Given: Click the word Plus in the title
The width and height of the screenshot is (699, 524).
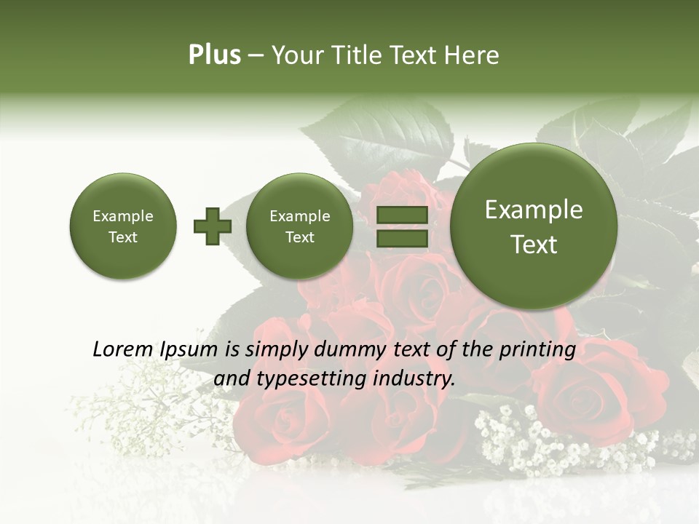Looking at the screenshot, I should (x=214, y=55).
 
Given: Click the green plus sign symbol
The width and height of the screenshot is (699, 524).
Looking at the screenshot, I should (x=212, y=226).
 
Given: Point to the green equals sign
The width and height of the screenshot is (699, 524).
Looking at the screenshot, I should (x=401, y=226).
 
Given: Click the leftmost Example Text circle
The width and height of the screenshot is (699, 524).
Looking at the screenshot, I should (x=122, y=226).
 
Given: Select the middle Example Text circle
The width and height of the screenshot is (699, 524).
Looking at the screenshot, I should (x=299, y=226).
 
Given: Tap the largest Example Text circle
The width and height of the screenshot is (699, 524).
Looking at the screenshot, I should (x=534, y=226).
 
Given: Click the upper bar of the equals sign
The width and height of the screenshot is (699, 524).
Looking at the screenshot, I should (x=401, y=215).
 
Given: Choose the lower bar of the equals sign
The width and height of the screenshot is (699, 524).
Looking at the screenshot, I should (x=401, y=238).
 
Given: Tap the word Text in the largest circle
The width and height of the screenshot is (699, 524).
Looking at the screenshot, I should (x=534, y=245).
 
